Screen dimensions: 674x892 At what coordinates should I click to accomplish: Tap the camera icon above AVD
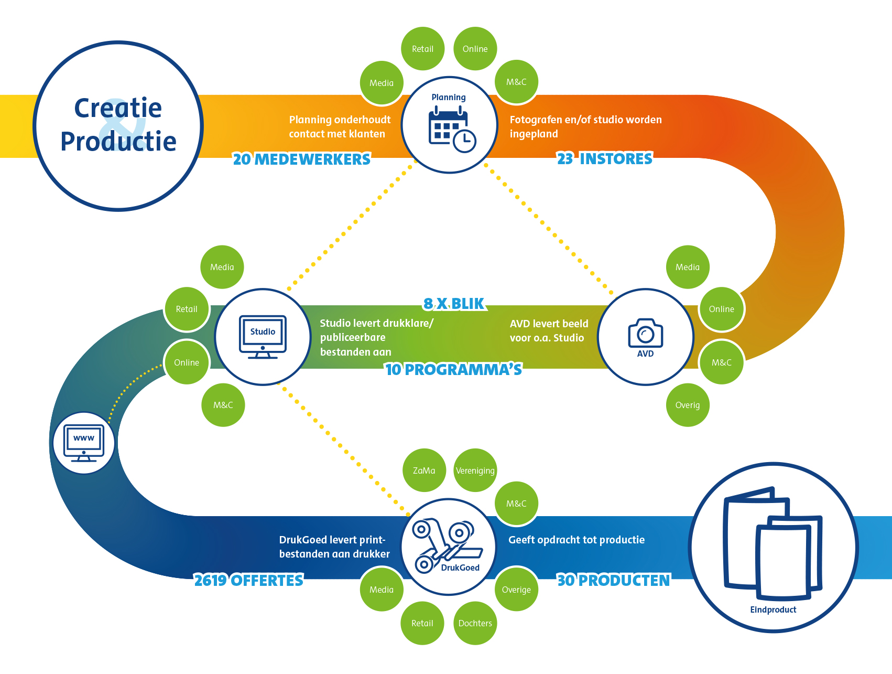tap(645, 333)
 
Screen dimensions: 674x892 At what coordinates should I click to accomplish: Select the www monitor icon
tap(84, 443)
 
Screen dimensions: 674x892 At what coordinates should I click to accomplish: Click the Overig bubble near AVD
tap(688, 405)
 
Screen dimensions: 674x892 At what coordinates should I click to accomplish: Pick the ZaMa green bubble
tap(424, 470)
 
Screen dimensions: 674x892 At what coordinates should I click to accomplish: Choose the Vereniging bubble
tap(475, 470)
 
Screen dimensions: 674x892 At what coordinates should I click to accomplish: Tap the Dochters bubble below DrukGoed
tap(475, 623)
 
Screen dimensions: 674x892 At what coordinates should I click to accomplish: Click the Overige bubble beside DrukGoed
tap(516, 590)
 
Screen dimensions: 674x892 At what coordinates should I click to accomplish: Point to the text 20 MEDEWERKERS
tap(301, 159)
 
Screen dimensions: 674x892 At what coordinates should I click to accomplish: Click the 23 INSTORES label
tap(605, 158)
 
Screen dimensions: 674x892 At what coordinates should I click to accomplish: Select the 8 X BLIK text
tap(454, 304)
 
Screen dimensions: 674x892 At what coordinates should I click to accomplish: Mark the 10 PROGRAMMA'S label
tap(453, 369)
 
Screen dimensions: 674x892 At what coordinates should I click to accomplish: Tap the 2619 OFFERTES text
tap(248, 580)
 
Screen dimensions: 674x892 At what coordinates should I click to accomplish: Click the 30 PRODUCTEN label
tap(613, 580)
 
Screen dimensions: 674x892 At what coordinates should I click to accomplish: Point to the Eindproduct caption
tap(773, 609)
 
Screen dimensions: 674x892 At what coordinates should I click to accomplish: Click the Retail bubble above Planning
tap(422, 49)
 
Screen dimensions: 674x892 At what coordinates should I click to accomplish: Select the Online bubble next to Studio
tap(187, 362)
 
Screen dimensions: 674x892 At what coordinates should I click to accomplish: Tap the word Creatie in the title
tap(118, 108)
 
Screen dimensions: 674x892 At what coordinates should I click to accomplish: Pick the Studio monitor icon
tap(263, 336)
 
